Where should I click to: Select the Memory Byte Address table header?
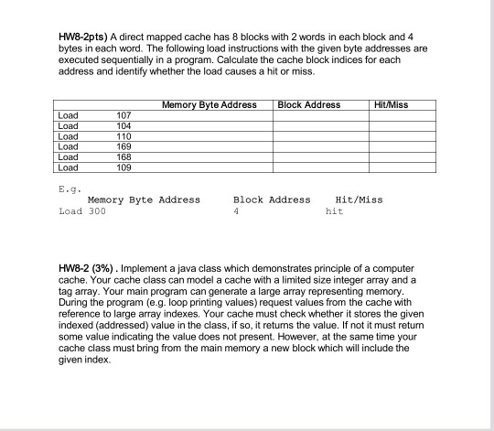208,105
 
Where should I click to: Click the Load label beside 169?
68,145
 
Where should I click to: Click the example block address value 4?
236,210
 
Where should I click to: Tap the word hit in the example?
334,210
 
